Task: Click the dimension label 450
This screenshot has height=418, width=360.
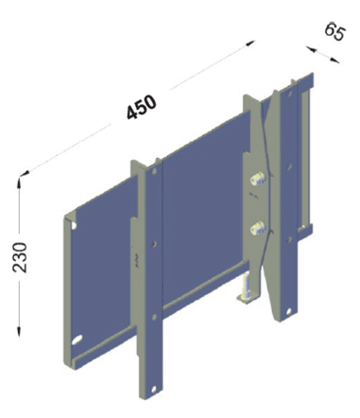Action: [142, 107]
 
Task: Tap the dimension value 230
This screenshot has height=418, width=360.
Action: [20, 257]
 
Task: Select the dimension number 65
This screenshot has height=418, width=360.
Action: [335, 31]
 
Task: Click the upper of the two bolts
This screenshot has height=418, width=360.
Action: [258, 178]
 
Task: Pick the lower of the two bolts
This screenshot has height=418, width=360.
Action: [258, 228]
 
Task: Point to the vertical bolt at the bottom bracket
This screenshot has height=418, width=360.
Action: [246, 287]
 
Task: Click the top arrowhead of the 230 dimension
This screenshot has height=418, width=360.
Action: [20, 182]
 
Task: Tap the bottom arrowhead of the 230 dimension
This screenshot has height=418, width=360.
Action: [19, 332]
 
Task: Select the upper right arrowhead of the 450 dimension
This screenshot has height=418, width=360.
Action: [250, 44]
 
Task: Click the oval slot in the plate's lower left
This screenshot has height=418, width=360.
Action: [77, 340]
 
